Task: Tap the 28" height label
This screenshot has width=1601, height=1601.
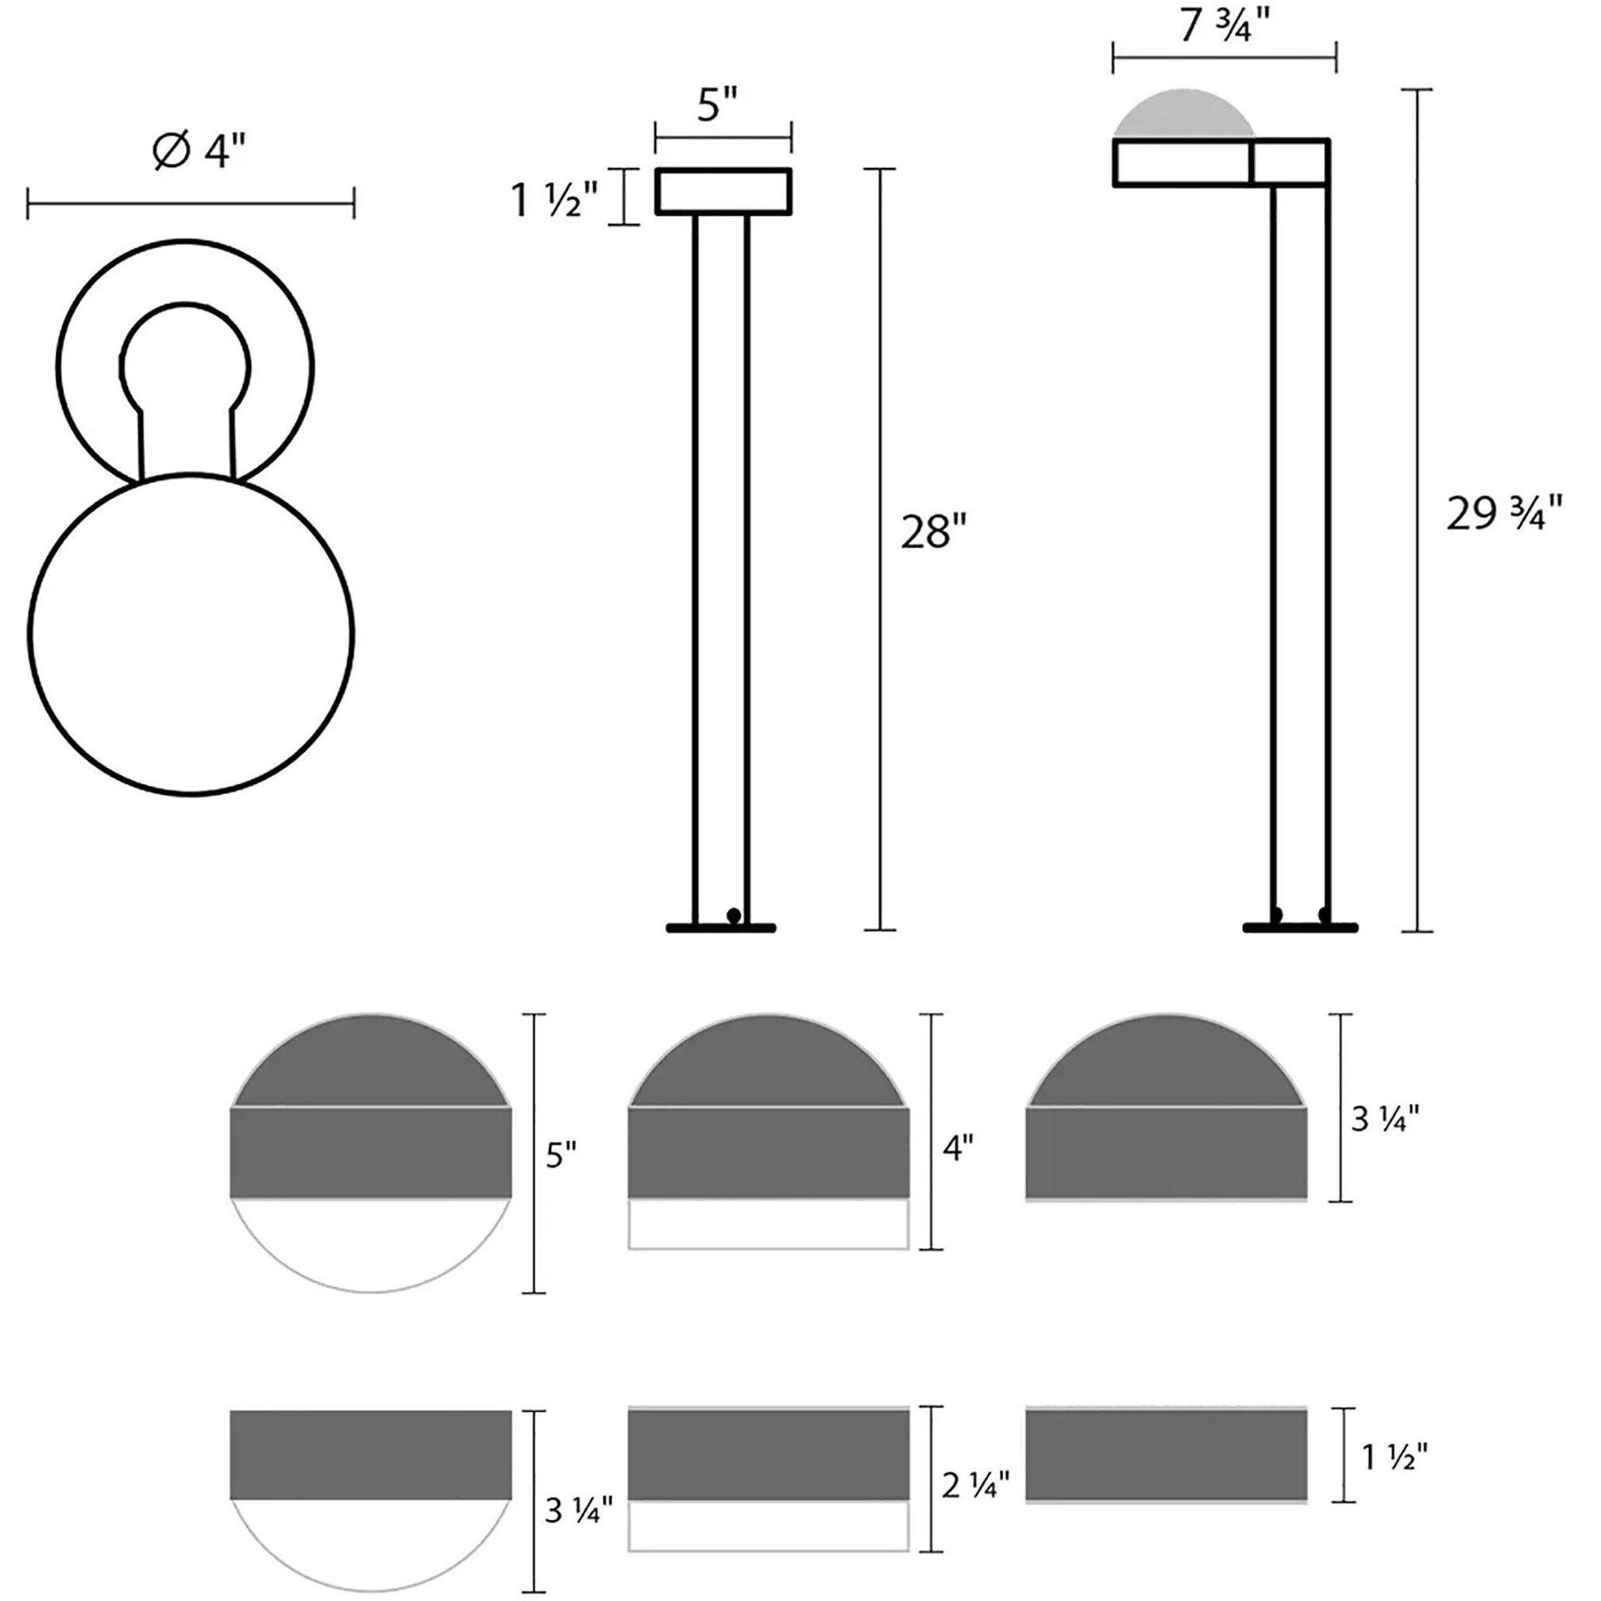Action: (933, 532)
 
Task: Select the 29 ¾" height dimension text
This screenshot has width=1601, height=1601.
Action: (1503, 514)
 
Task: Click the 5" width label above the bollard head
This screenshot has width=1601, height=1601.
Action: (717, 106)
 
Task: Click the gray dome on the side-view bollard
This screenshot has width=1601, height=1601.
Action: (1183, 115)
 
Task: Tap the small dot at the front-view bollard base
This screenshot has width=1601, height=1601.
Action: (732, 915)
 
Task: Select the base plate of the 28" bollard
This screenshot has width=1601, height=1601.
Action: (721, 928)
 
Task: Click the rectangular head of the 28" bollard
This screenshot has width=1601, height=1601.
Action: (723, 191)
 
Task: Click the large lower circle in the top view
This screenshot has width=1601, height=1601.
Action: (191, 635)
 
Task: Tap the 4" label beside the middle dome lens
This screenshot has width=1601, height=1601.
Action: (958, 1148)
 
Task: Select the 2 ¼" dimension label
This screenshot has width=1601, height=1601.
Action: (974, 1485)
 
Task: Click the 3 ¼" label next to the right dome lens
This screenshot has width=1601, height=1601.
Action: (1385, 1119)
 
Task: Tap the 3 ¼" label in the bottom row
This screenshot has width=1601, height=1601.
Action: (578, 1510)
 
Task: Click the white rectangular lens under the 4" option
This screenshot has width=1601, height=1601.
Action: (768, 1223)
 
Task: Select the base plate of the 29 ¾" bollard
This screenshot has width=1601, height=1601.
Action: (1300, 928)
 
